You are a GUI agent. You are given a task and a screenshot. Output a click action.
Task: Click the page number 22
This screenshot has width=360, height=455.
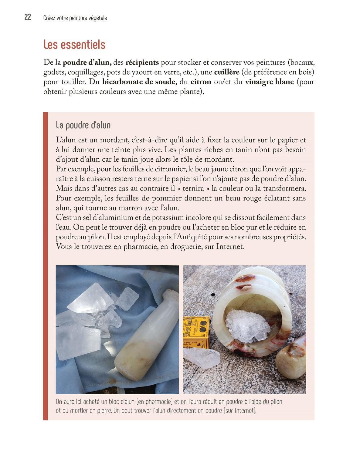[28, 18]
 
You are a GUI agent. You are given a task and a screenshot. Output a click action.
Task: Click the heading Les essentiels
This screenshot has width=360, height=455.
[74, 45]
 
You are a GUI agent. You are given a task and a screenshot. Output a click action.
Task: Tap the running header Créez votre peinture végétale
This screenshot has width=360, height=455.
[75, 18]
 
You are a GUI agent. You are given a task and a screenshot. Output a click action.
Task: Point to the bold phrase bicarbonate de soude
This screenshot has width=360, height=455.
[139, 82]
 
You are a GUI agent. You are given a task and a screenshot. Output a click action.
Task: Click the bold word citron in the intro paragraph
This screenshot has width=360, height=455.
[201, 82]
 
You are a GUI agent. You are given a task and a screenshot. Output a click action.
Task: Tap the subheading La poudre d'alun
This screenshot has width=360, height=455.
[83, 125]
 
